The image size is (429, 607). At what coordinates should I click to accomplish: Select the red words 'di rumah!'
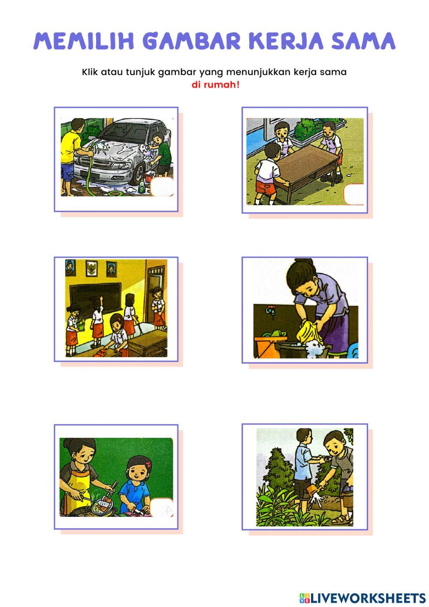(215, 85)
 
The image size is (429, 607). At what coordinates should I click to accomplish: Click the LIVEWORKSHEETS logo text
(367, 598)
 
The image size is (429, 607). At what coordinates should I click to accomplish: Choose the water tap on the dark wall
(269, 310)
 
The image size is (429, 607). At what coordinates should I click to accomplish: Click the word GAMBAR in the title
(191, 41)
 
